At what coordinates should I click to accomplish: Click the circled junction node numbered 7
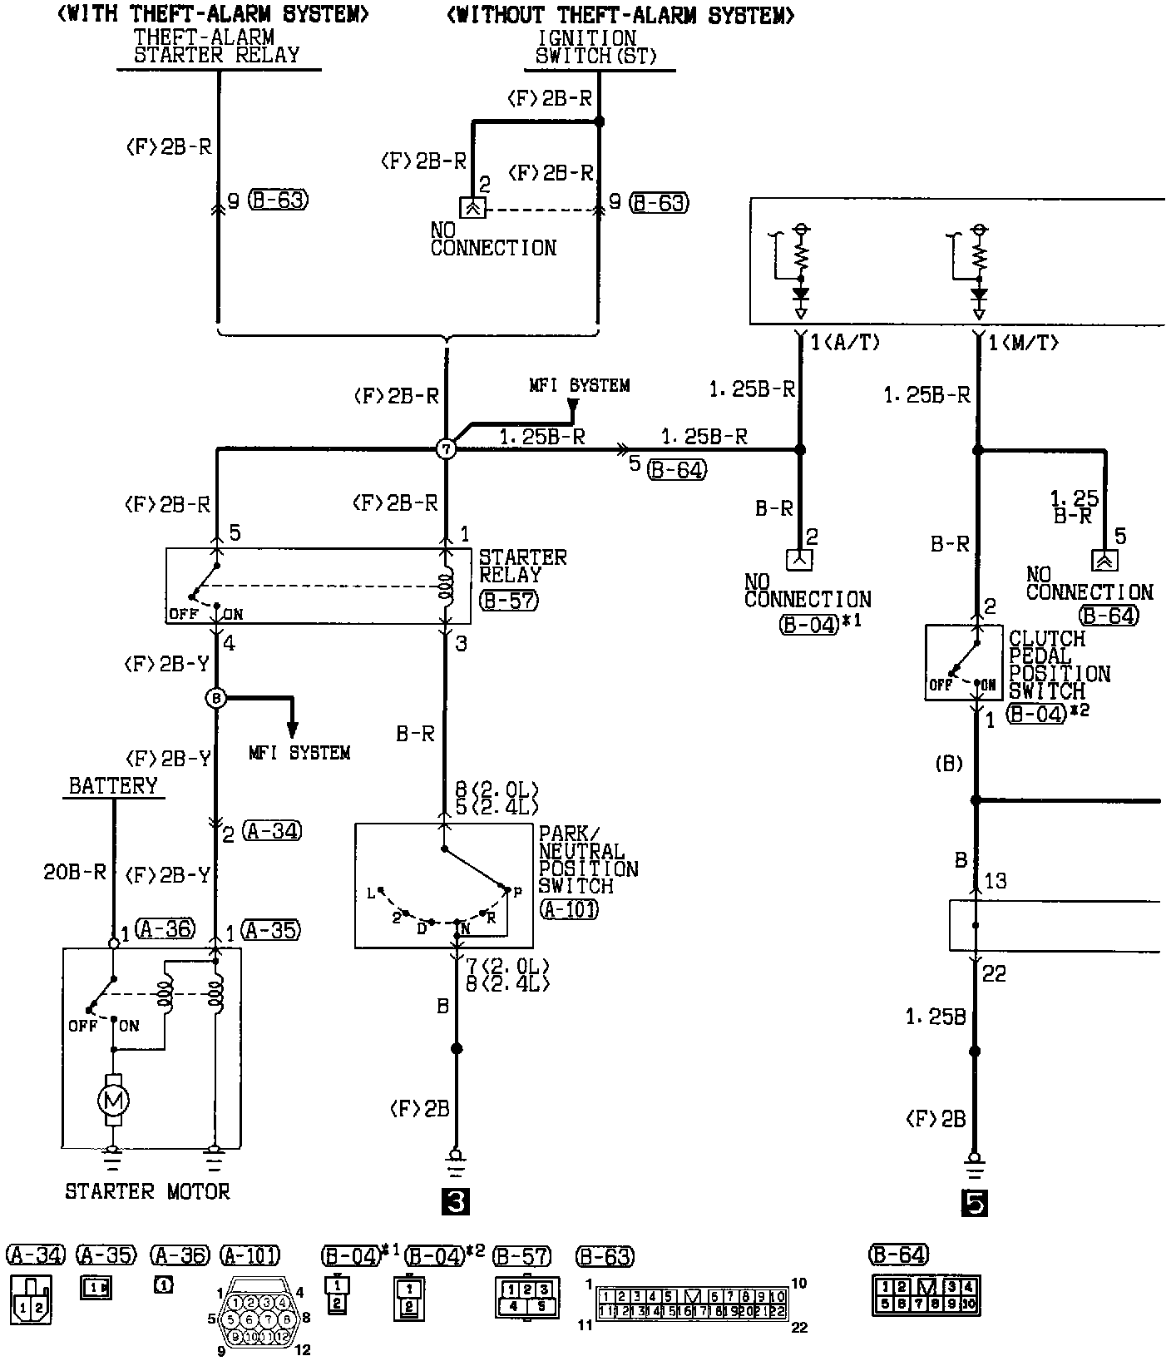(x=447, y=449)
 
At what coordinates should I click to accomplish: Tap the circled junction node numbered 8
(x=215, y=698)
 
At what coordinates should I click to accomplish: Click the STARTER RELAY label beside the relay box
(x=522, y=566)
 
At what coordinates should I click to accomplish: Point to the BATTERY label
(x=113, y=786)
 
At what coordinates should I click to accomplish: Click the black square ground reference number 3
(x=457, y=1201)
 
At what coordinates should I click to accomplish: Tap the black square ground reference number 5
(x=975, y=1203)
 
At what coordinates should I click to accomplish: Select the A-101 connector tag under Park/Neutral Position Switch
(x=570, y=909)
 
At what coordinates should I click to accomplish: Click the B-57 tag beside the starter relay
(x=509, y=601)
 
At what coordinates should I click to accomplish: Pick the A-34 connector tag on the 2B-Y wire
(x=273, y=830)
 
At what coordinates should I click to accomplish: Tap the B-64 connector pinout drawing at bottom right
(x=926, y=1296)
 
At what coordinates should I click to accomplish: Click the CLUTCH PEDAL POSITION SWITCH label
(x=1059, y=665)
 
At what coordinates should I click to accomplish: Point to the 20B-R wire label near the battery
(x=75, y=872)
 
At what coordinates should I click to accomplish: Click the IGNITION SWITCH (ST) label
(x=596, y=47)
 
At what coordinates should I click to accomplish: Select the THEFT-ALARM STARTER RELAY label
(x=217, y=47)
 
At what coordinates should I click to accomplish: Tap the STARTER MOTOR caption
(x=147, y=1191)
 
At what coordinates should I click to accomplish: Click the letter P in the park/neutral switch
(x=516, y=893)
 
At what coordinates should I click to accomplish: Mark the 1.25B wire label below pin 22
(x=936, y=1017)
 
